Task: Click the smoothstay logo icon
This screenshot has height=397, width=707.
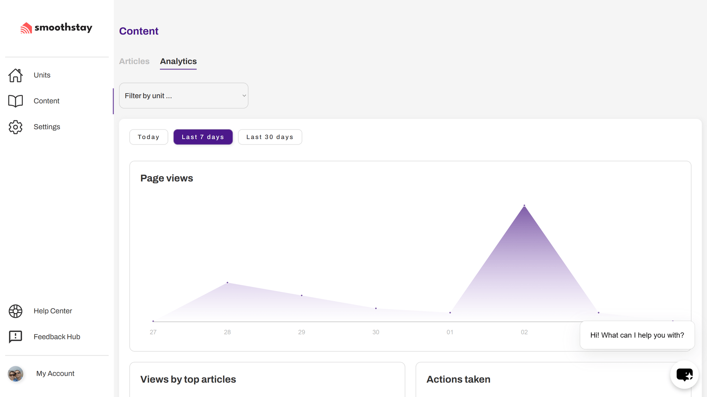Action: (x=26, y=28)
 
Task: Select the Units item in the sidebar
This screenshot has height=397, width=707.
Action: (x=42, y=75)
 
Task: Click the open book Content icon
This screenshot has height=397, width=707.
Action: (x=15, y=101)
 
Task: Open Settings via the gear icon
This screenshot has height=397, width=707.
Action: (x=15, y=127)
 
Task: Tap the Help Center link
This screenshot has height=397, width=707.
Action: (x=53, y=311)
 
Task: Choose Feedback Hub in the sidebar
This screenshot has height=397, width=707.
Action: (x=57, y=337)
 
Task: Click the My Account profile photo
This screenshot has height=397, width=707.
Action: (x=15, y=373)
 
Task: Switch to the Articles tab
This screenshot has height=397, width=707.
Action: (x=134, y=61)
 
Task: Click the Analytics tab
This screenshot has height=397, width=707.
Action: (x=178, y=61)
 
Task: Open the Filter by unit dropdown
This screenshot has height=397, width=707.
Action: (x=183, y=96)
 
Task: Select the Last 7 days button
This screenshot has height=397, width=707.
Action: (x=203, y=137)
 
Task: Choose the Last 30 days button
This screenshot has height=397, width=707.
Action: (x=270, y=137)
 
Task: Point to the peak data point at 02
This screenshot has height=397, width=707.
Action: (x=524, y=205)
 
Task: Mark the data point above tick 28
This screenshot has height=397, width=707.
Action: (x=228, y=283)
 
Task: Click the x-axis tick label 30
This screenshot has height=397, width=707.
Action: (x=376, y=332)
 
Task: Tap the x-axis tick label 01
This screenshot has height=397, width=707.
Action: (x=450, y=332)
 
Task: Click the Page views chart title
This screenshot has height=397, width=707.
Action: (x=166, y=178)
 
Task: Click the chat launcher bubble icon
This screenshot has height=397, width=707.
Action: (x=684, y=375)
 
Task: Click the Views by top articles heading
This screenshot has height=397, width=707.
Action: (x=188, y=379)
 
